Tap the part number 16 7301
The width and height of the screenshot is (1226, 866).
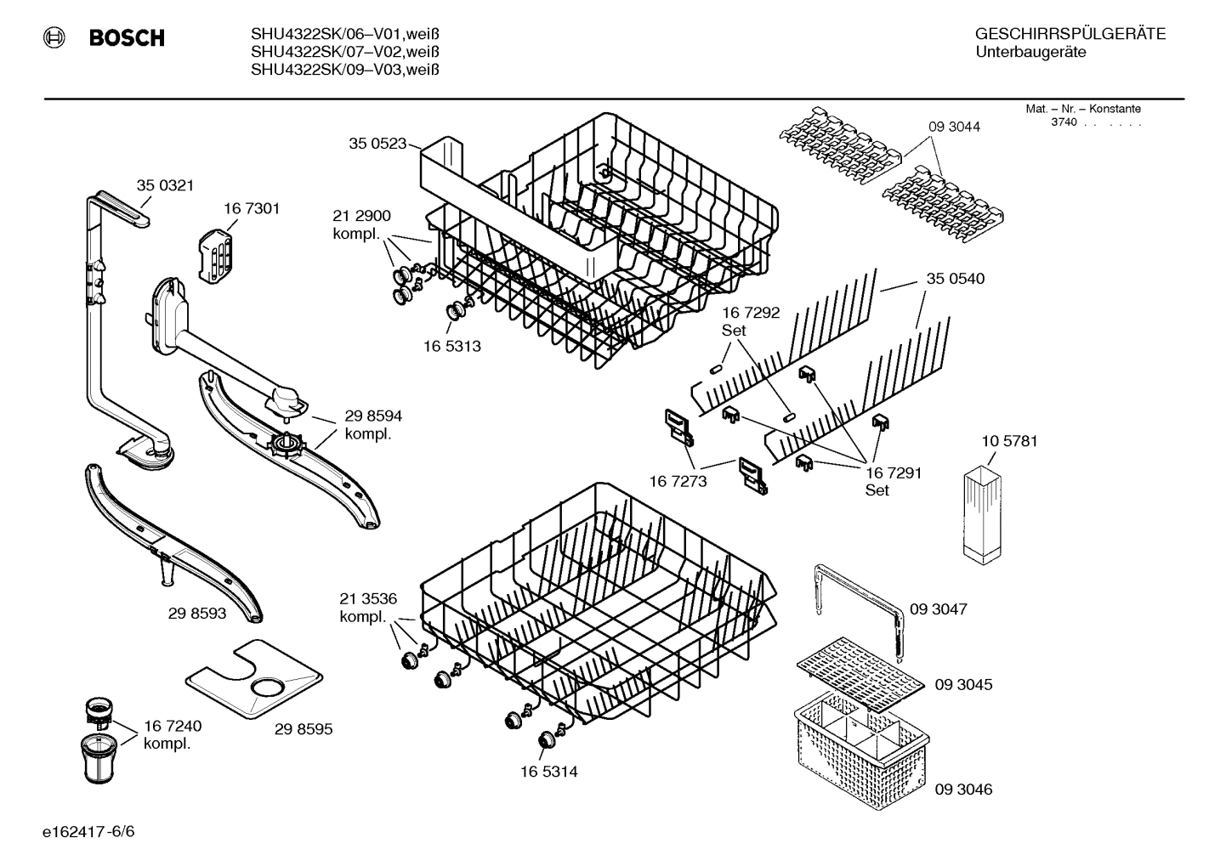click(x=252, y=208)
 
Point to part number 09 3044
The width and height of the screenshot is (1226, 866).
click(x=954, y=127)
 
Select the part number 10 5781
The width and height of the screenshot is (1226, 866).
click(x=1009, y=441)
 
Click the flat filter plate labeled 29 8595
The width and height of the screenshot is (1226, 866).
click(x=254, y=679)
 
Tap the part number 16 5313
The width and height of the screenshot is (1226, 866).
click(x=451, y=346)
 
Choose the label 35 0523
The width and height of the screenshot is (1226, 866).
click(x=377, y=144)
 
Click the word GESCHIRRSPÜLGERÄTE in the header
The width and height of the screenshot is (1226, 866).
click(x=1070, y=34)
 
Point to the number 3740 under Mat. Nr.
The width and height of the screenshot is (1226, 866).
click(x=1063, y=122)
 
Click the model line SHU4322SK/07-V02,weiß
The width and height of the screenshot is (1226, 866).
click(x=344, y=52)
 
